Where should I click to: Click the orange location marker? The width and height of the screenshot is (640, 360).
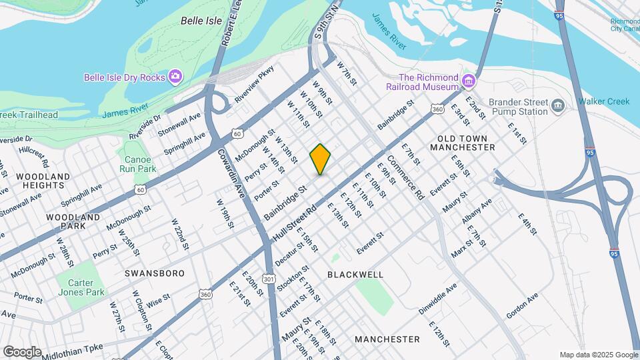click(321, 159)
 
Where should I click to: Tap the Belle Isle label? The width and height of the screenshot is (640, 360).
click(201, 21)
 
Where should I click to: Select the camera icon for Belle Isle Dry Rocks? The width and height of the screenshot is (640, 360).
click(175, 77)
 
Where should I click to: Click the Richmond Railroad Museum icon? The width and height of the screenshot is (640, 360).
click(469, 81)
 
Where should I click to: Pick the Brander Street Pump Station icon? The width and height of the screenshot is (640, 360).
click(558, 105)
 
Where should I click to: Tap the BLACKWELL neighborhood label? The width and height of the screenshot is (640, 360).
click(355, 275)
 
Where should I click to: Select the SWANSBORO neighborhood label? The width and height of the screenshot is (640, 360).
click(149, 273)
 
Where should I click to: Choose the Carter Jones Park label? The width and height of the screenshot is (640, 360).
click(85, 287)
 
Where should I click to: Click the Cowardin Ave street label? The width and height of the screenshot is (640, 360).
click(230, 172)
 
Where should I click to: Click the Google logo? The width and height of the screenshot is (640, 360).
click(22, 351)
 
